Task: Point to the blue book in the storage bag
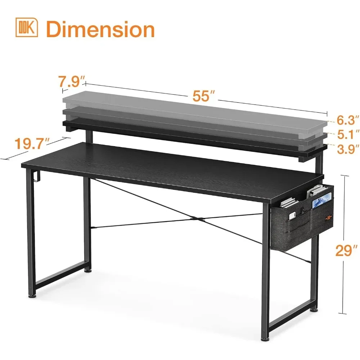(321, 200)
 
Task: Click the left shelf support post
(89, 136)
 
